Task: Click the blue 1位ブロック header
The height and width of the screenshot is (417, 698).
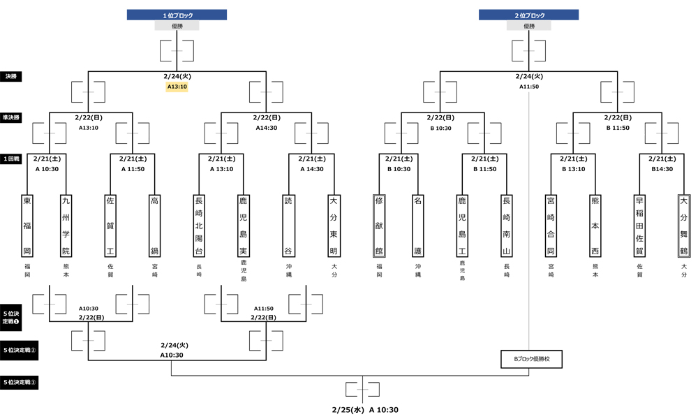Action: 177,15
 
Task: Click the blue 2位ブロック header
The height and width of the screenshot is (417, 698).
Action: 528,15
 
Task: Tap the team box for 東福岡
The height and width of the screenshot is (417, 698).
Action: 27,226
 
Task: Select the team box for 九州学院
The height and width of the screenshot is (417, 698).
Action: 66,226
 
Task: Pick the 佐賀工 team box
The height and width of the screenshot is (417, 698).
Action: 110,226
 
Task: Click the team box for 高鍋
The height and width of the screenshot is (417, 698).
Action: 154,226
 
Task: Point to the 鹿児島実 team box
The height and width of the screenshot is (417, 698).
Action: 244,226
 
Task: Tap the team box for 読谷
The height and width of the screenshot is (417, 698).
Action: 288,226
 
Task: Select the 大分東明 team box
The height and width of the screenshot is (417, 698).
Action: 333,226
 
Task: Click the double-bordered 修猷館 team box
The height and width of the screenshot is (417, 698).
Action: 379,226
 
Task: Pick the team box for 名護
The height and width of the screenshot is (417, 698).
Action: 418,226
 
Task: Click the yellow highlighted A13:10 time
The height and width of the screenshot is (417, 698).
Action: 177,87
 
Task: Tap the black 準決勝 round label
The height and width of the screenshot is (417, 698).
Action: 13,118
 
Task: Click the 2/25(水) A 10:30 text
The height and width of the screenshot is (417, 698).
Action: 364,410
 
